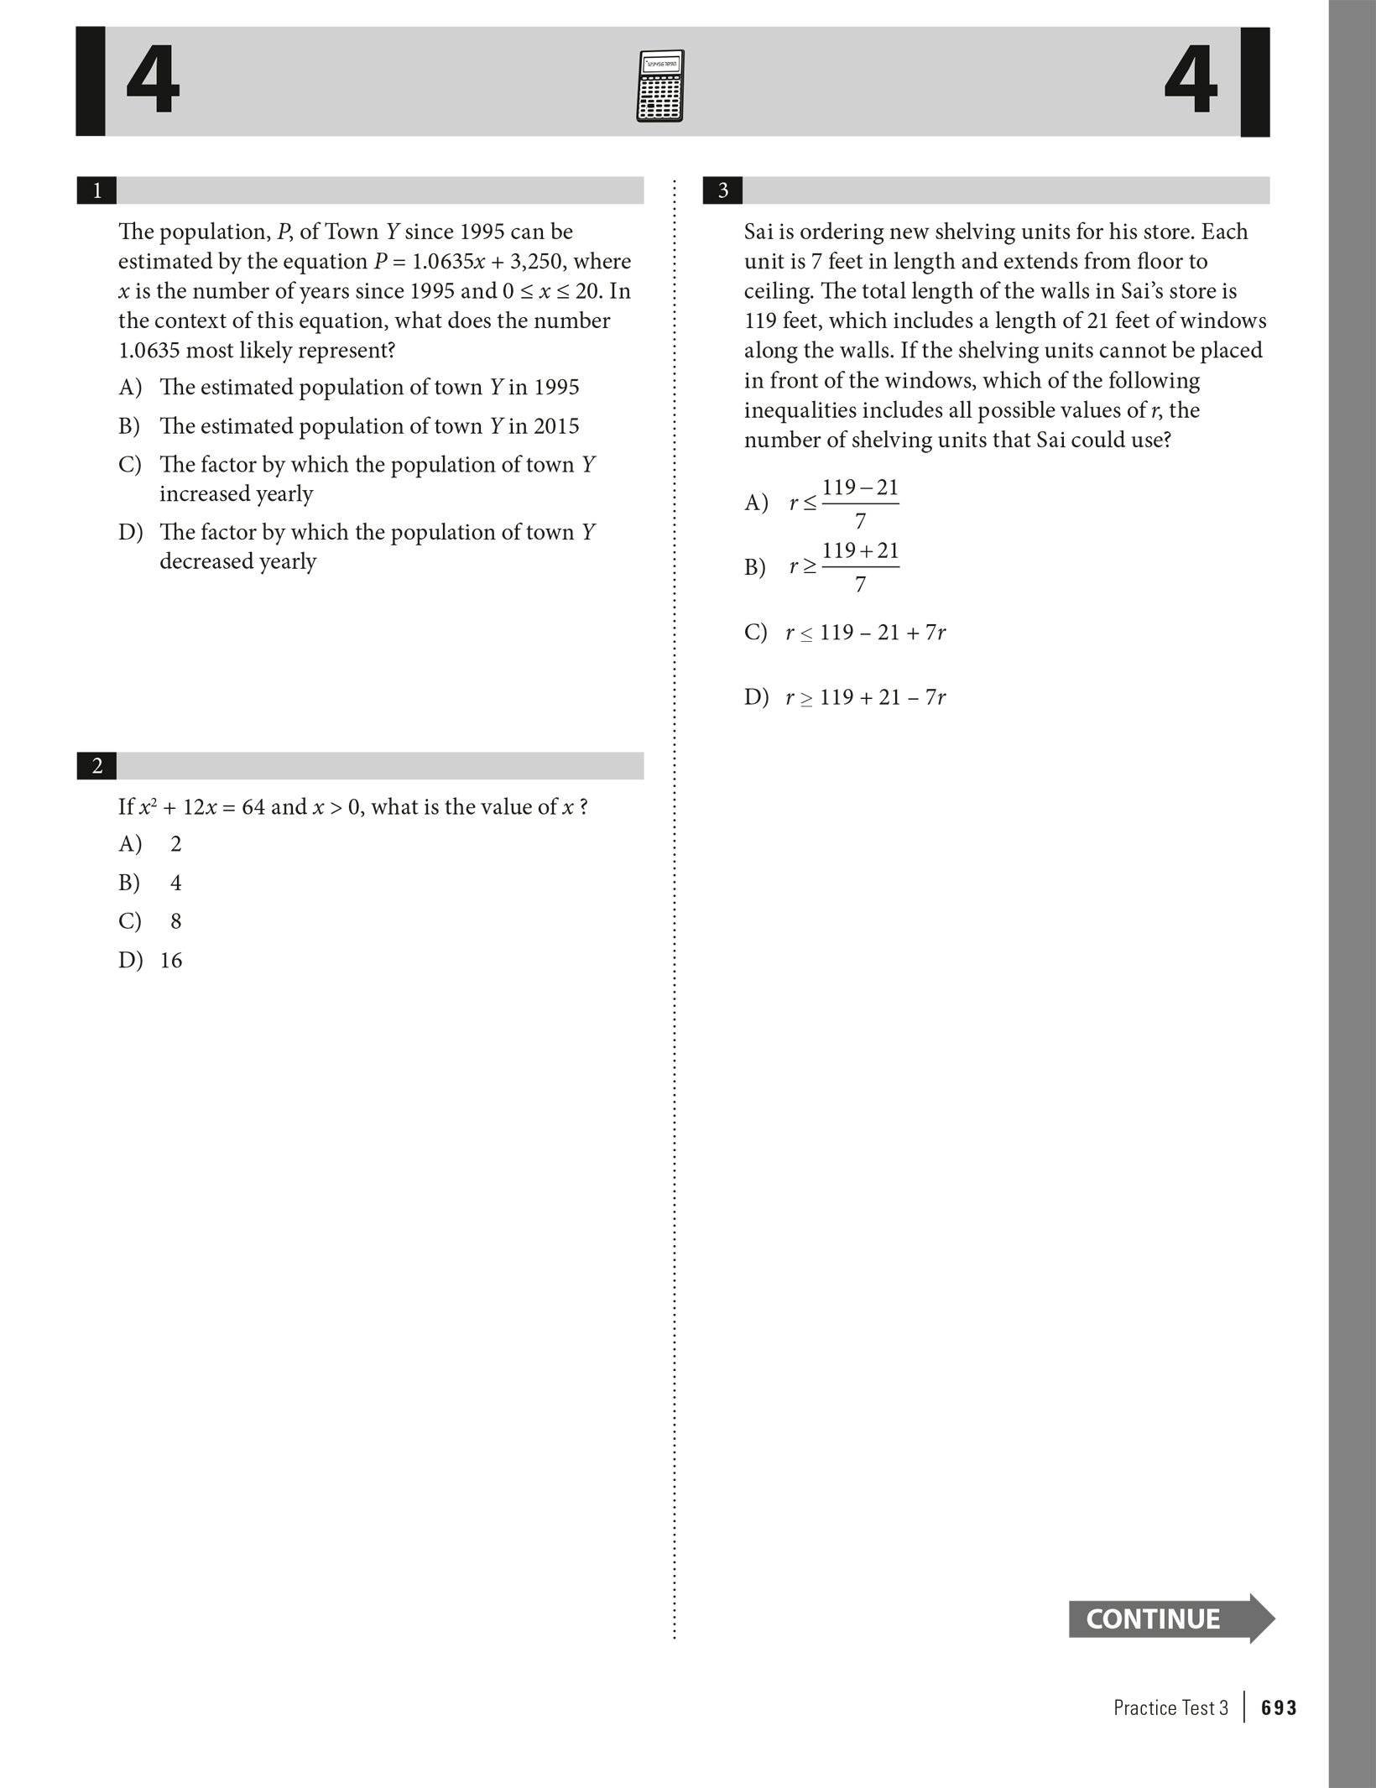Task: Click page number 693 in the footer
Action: [1279, 1707]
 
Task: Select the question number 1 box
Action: [96, 190]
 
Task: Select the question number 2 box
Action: [96, 766]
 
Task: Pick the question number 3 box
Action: [722, 190]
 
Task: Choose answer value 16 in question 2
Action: [171, 960]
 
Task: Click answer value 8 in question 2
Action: [175, 921]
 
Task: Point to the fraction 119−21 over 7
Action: [860, 503]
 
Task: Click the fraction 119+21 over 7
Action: [860, 567]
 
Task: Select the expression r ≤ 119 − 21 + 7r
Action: [865, 633]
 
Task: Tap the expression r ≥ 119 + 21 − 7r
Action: [865, 697]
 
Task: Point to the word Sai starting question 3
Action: [758, 232]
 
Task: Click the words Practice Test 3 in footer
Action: [1170, 1707]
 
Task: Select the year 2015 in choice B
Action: [555, 426]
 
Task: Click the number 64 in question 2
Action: [253, 807]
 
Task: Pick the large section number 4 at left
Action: [153, 81]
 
